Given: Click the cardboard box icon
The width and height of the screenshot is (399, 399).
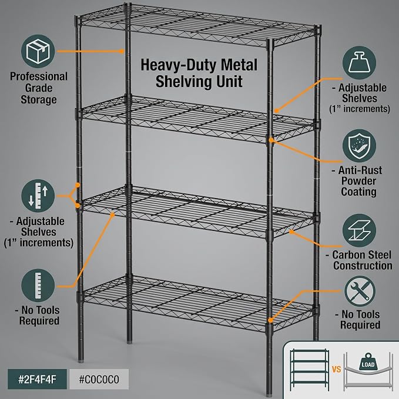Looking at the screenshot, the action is (x=38, y=51).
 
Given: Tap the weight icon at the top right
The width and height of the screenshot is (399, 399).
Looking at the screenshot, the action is (x=359, y=63).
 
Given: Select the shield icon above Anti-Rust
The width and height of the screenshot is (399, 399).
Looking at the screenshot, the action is (x=359, y=146).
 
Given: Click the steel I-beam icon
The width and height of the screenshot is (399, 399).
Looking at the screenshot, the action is (x=359, y=230).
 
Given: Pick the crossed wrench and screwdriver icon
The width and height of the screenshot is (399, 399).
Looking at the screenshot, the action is (x=360, y=291).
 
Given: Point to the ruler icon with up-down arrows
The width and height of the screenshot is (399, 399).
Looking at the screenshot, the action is (x=38, y=196).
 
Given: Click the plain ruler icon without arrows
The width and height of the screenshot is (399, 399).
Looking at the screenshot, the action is (x=38, y=285).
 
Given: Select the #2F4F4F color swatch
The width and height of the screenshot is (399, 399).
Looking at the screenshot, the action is (x=37, y=379).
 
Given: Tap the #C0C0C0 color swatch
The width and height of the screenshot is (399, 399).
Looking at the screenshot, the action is (x=99, y=379).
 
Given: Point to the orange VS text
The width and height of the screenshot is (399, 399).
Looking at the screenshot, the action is (x=336, y=369).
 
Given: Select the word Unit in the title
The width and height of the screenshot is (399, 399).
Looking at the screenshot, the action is (x=229, y=82).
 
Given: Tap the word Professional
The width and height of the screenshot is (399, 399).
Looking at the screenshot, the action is (x=39, y=76).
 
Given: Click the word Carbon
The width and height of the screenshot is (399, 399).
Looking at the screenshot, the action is (x=348, y=254).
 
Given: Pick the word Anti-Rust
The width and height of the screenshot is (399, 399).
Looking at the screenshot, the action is (x=360, y=170).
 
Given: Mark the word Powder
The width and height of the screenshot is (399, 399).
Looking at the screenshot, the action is (x=358, y=181).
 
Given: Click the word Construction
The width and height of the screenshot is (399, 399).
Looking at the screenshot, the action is (x=363, y=266).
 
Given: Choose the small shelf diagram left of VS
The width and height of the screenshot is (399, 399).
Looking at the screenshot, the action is (x=309, y=370).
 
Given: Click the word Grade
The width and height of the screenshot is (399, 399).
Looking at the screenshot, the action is (x=39, y=88).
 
